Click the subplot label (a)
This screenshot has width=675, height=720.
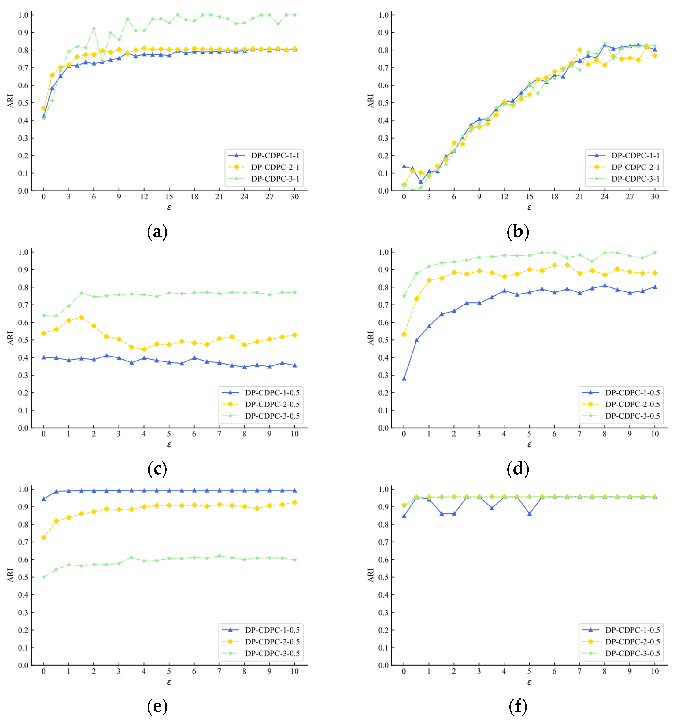point(157,232)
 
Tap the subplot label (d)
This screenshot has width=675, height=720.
point(517,469)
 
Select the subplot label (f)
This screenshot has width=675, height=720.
point(517,706)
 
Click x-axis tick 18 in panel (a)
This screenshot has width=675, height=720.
point(194,197)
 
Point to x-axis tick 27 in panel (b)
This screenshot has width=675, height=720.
point(630,197)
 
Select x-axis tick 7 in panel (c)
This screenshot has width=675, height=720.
point(219,434)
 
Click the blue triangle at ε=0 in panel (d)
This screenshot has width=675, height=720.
point(404,378)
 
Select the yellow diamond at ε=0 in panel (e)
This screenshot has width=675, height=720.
point(44,537)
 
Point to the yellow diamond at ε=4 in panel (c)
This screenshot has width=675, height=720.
point(144,349)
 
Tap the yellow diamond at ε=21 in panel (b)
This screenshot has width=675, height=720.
point(580,50)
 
